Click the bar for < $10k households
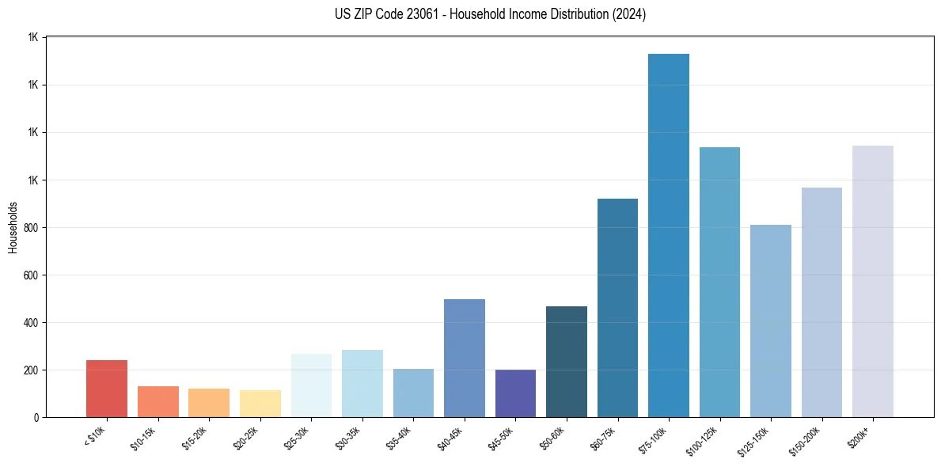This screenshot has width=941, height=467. (107, 389)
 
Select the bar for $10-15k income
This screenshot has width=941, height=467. (157, 401)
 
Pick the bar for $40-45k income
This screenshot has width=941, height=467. (464, 358)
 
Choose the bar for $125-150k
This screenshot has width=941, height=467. (770, 321)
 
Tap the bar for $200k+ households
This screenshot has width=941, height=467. (872, 281)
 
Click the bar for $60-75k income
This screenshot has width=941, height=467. (617, 308)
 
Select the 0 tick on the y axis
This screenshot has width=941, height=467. (36, 418)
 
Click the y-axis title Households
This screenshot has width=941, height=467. (13, 227)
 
